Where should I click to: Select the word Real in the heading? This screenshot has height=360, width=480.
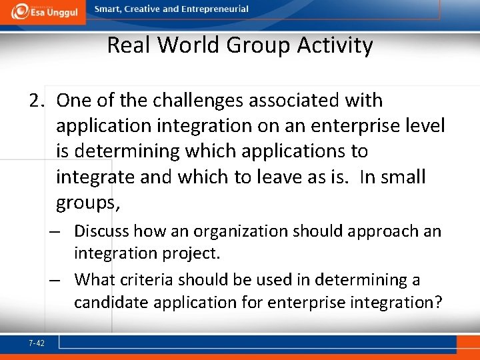(x=130, y=45)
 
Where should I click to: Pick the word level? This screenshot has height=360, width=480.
(x=424, y=126)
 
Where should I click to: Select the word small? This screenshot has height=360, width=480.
(x=403, y=177)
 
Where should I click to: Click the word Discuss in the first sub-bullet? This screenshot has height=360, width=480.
(x=101, y=231)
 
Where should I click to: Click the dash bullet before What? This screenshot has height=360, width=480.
(x=54, y=280)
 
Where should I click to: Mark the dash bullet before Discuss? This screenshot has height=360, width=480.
(x=54, y=231)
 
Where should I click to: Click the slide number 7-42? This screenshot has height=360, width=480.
(x=37, y=343)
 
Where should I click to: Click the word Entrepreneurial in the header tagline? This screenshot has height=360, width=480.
(x=215, y=9)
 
